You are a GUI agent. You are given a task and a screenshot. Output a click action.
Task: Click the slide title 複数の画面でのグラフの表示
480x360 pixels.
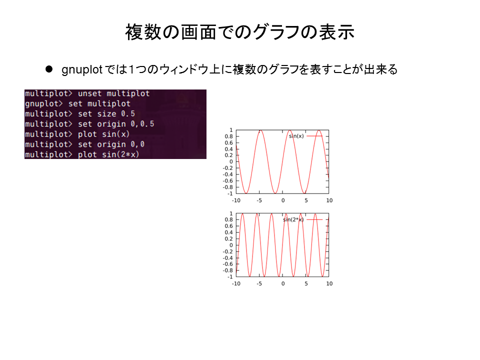pyautogui.click(x=239, y=32)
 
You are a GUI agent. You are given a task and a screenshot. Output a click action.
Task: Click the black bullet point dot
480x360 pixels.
pyautogui.click(x=49, y=69)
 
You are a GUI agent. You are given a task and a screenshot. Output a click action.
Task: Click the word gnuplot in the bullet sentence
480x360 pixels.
pyautogui.click(x=81, y=70)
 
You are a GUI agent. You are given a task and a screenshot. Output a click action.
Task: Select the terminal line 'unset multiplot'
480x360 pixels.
pyautogui.click(x=113, y=93)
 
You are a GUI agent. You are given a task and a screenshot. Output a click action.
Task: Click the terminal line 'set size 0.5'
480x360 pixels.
pyautogui.click(x=106, y=114)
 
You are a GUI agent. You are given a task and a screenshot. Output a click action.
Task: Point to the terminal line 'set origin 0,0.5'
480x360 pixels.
pyautogui.click(x=116, y=124)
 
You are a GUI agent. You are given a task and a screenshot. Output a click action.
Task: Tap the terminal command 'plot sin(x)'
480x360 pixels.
pyautogui.click(x=103, y=134)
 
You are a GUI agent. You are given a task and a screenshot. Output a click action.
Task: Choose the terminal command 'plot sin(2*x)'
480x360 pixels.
pyautogui.click(x=108, y=154)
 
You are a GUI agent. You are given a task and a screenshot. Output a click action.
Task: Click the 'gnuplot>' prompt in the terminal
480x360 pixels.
pyautogui.click(x=43, y=104)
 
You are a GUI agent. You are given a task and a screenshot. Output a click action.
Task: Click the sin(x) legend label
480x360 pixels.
pyautogui.click(x=296, y=136)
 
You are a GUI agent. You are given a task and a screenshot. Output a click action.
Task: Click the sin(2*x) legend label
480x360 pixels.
pyautogui.click(x=293, y=219)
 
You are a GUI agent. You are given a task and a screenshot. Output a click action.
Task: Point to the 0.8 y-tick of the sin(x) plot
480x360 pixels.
pyautogui.click(x=228, y=136)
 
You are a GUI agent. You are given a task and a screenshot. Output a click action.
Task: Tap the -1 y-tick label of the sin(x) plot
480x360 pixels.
pyautogui.click(x=230, y=193)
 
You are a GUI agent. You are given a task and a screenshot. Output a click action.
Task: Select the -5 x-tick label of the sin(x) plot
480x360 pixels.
pyautogui.click(x=259, y=200)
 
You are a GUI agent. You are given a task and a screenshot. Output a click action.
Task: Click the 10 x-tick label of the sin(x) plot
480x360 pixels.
pyautogui.click(x=329, y=200)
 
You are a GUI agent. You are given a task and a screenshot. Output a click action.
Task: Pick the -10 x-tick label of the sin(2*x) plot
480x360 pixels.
pyautogui.click(x=236, y=284)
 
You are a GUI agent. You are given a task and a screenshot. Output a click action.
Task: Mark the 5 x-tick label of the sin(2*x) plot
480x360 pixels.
pyautogui.click(x=306, y=284)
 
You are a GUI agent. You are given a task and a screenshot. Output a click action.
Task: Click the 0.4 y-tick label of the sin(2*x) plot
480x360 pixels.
pyautogui.click(x=228, y=232)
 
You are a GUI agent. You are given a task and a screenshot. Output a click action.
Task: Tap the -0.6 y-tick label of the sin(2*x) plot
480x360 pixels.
pyautogui.click(x=228, y=264)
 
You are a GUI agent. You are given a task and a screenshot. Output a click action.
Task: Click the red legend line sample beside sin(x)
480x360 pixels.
pyautogui.click(x=314, y=136)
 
